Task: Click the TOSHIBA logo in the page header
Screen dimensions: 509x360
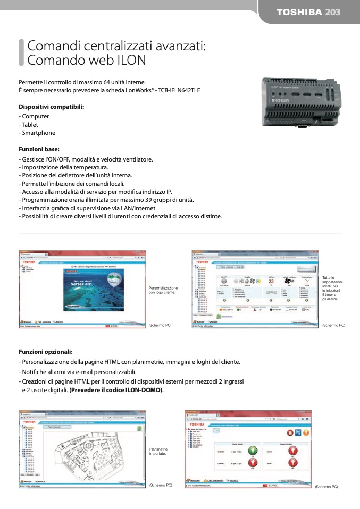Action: pos(299,12)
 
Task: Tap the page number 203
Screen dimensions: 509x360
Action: pos(333,12)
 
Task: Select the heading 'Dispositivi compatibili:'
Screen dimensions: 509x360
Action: pos(52,107)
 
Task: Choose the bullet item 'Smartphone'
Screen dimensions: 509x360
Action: pos(38,133)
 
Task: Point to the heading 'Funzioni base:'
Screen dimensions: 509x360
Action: pos(39,149)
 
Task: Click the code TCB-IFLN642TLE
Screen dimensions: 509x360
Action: pos(178,90)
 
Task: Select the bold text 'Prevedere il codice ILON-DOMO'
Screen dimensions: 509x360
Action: pos(116,390)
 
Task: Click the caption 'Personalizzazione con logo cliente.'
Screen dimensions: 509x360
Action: pos(163,290)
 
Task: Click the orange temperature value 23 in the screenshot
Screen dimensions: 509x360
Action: pos(271,281)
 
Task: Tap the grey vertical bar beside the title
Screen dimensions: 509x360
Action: pos(21,52)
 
